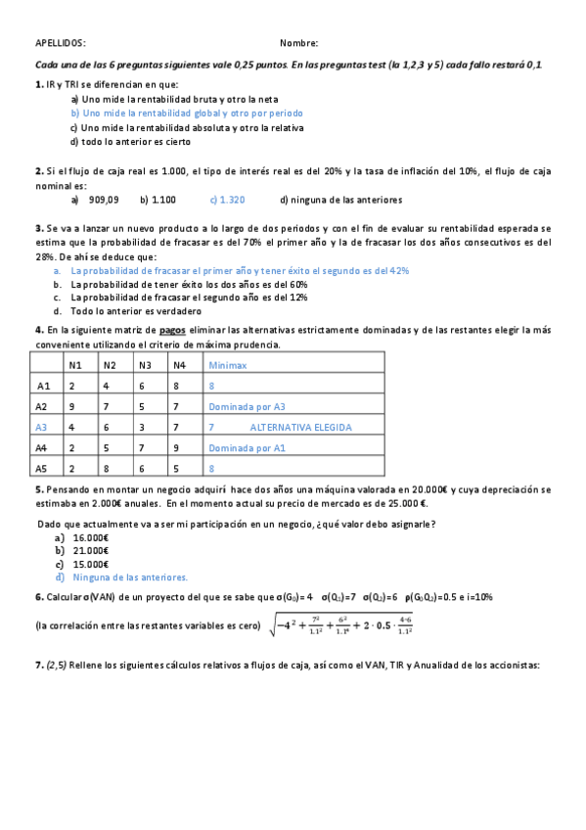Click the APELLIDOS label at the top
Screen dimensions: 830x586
click(60, 43)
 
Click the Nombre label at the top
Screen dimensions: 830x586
click(298, 43)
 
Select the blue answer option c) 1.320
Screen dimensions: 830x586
click(227, 200)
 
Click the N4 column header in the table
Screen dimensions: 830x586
click(179, 365)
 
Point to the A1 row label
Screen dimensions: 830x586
click(42, 386)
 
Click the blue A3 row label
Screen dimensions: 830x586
click(41, 427)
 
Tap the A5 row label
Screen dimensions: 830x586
click(42, 468)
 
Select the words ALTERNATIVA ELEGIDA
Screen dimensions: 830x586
click(300, 427)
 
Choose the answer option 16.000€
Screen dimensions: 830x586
click(90, 537)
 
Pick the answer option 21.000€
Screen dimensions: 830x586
click(90, 551)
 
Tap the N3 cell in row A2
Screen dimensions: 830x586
click(143, 406)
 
